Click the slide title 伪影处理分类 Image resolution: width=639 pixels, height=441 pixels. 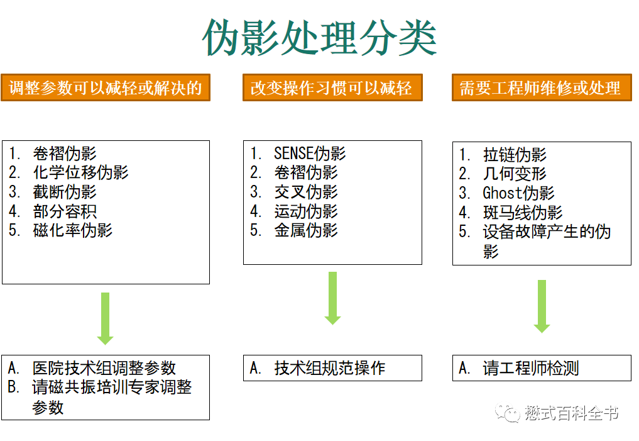click(x=319, y=36)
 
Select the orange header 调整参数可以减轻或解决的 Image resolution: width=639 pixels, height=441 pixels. click(x=106, y=88)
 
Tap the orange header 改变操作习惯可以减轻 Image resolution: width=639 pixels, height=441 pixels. click(x=332, y=88)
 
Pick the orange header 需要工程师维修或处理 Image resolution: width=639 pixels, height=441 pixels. click(x=540, y=88)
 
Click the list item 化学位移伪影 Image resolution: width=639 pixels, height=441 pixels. click(x=80, y=172)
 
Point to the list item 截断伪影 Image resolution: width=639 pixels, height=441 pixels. click(x=65, y=192)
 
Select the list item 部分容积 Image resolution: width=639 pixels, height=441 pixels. click(x=65, y=211)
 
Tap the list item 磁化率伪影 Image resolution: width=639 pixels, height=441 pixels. click(x=73, y=230)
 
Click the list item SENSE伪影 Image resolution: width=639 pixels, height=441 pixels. click(x=310, y=154)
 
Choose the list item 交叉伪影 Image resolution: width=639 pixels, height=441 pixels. click(x=306, y=192)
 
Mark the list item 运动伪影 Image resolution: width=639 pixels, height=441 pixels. click(x=306, y=211)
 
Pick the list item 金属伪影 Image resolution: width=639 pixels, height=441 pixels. click(x=306, y=230)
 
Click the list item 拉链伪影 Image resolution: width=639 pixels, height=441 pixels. click(x=515, y=155)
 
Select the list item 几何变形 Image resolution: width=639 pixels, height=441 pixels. click(x=515, y=174)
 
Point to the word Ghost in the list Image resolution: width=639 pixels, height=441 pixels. click(x=502, y=193)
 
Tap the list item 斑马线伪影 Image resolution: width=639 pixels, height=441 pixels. click(x=523, y=213)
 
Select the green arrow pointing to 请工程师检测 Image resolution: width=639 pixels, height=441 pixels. click(x=542, y=306)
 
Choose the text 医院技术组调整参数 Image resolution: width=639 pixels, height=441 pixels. click(x=104, y=368)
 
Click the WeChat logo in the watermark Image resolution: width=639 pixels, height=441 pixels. click(x=507, y=413)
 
